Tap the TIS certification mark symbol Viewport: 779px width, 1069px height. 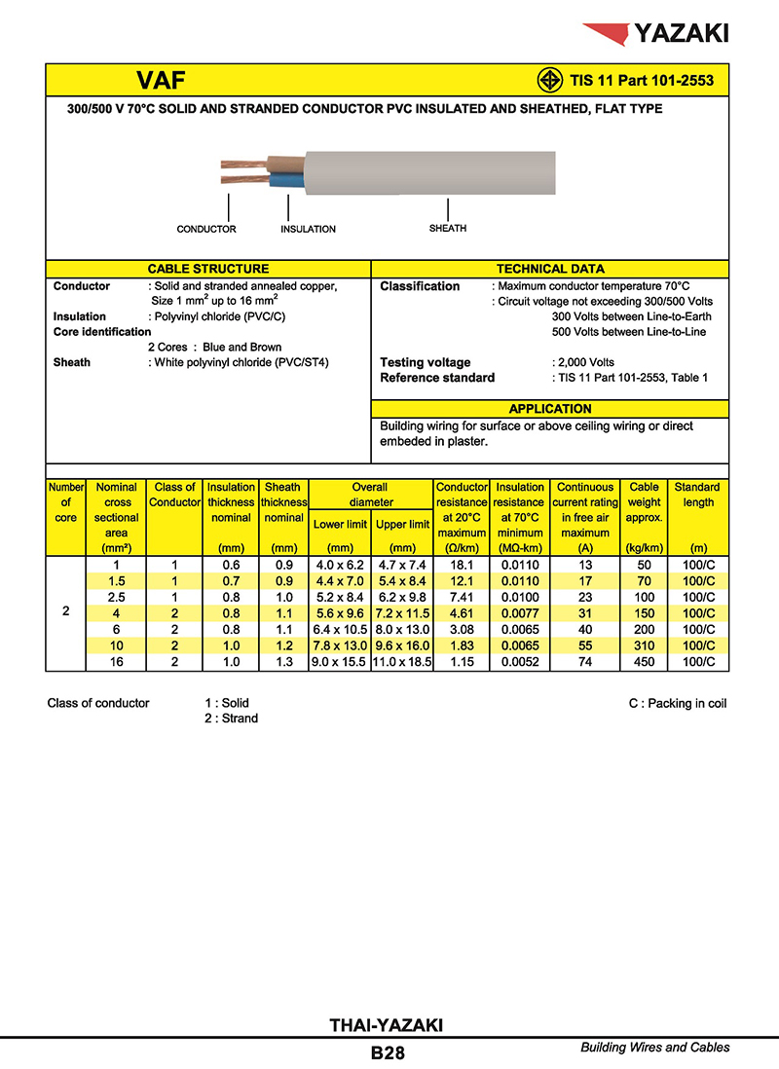pyautogui.click(x=550, y=81)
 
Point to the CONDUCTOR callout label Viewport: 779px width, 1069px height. pyautogui.click(x=206, y=230)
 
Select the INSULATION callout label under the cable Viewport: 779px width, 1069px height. pyautogui.click(x=308, y=230)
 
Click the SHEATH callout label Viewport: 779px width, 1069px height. pyautogui.click(x=448, y=229)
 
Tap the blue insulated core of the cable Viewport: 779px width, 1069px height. pyautogui.click(x=284, y=180)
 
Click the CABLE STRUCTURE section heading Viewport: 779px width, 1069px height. pyautogui.click(x=208, y=269)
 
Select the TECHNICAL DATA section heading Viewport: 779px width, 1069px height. pyautogui.click(x=550, y=269)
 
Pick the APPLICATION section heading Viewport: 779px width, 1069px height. pyautogui.click(x=550, y=409)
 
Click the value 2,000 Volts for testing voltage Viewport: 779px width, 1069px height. pyautogui.click(x=585, y=363)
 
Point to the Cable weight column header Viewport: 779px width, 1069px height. pyautogui.click(x=645, y=502)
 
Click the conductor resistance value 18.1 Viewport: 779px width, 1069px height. pyautogui.click(x=462, y=565)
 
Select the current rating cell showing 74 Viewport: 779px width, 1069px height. pyautogui.click(x=585, y=662)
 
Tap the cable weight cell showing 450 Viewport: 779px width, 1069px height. pyautogui.click(x=645, y=662)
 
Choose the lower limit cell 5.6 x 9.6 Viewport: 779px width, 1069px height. pyautogui.click(x=340, y=613)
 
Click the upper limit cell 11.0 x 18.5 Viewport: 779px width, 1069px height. pyautogui.click(x=402, y=662)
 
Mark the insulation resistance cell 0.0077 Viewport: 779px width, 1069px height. pyautogui.click(x=520, y=613)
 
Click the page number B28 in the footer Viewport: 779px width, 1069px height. pyautogui.click(x=388, y=1052)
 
